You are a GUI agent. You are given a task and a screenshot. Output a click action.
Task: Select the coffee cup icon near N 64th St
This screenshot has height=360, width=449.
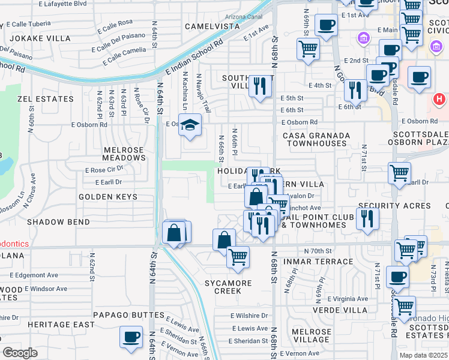click(131, 337)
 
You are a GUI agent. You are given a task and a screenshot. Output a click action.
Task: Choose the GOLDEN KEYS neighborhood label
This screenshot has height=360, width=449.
click(107, 197)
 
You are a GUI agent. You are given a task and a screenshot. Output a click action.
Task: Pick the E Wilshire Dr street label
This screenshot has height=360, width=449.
click(249, 316)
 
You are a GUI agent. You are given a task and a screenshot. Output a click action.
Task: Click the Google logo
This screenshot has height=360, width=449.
click(20, 353)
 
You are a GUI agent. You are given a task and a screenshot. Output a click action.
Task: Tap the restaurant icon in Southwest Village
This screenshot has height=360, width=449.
click(260, 86)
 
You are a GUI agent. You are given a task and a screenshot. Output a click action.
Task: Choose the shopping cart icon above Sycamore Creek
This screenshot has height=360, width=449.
click(238, 257)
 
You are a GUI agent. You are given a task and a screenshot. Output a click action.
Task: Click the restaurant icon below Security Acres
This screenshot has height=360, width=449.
click(367, 219)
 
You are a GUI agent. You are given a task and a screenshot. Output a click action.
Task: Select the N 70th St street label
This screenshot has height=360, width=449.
click(318, 251)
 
